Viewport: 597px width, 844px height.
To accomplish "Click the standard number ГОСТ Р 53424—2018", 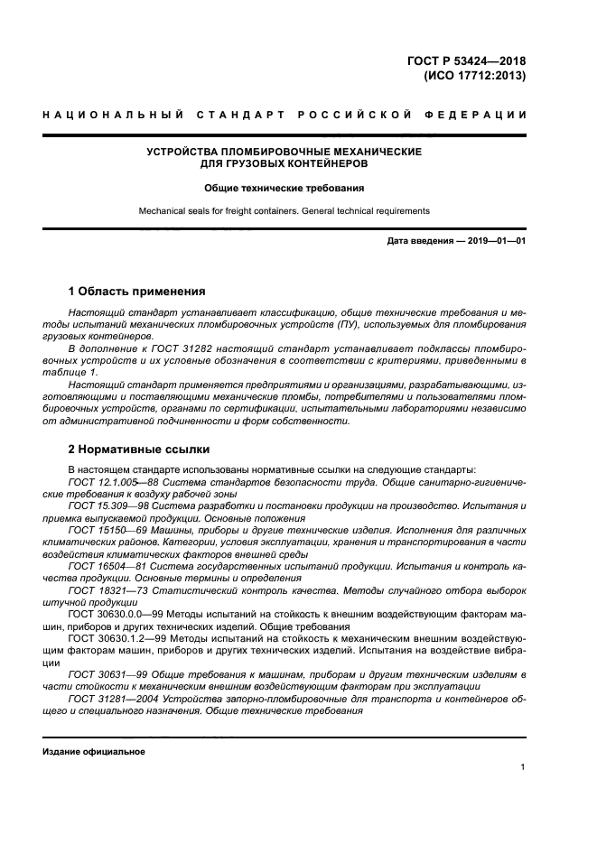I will (x=467, y=61).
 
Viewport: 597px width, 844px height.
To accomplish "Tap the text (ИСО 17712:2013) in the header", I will (x=474, y=77).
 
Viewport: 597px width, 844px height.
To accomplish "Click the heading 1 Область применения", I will (x=136, y=292).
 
